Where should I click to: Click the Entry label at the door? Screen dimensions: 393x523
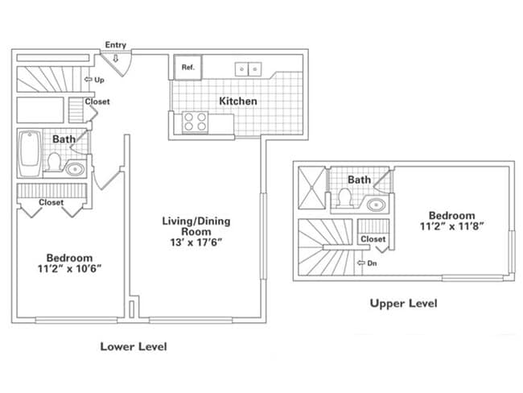[115, 45]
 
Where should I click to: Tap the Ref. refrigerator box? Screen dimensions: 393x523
[187, 68]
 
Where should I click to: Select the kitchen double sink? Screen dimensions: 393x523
[247, 68]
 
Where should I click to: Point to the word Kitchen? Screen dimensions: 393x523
[238, 101]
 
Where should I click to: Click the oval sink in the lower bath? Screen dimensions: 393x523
[75, 169]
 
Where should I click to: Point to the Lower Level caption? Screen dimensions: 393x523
[133, 347]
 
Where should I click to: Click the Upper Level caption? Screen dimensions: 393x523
[403, 304]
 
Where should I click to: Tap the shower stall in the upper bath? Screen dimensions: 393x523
[311, 187]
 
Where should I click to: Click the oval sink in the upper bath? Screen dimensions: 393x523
[376, 204]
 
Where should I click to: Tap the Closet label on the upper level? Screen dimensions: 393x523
[373, 239]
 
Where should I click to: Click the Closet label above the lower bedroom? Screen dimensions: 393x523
[51, 203]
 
